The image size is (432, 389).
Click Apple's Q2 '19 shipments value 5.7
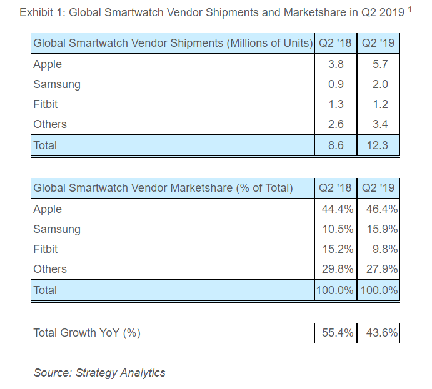click(380, 64)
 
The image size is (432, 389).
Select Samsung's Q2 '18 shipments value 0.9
click(336, 84)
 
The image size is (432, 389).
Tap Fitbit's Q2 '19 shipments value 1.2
click(380, 104)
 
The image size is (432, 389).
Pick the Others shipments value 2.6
click(336, 124)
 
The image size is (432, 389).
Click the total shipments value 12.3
click(378, 145)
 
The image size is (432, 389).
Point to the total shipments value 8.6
click(336, 145)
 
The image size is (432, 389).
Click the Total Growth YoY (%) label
click(87, 333)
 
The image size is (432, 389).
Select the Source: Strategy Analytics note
click(99, 373)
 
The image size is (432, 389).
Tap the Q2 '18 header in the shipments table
click(335, 43)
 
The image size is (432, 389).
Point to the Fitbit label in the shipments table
click(45, 104)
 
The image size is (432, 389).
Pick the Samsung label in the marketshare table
click(56, 229)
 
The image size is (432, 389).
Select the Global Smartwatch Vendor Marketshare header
click(163, 187)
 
